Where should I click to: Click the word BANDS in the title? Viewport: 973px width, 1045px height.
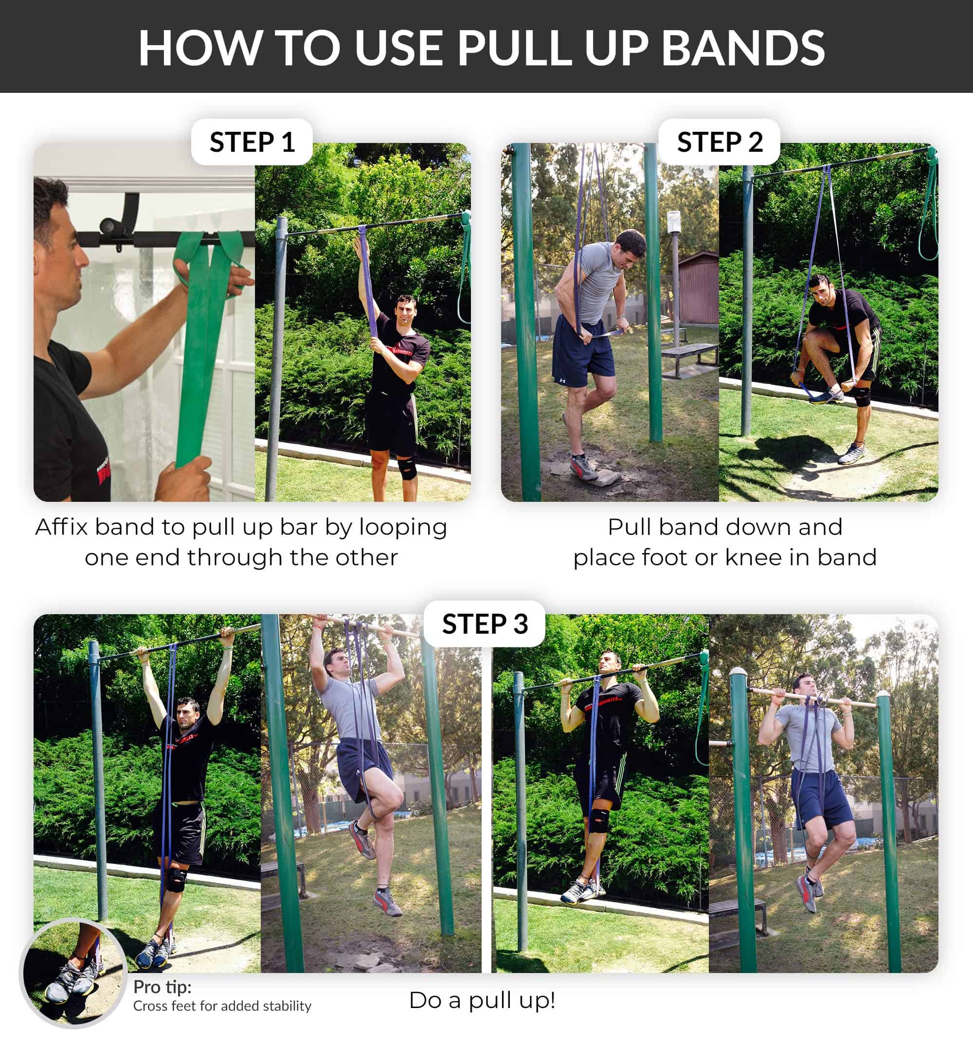click(742, 48)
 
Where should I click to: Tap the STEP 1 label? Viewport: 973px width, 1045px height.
click(252, 142)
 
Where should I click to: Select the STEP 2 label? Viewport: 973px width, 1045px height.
click(720, 142)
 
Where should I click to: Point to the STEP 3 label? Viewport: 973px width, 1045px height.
click(485, 623)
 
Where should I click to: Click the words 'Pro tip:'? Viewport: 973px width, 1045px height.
click(162, 987)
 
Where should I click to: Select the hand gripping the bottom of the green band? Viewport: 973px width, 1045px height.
click(183, 478)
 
